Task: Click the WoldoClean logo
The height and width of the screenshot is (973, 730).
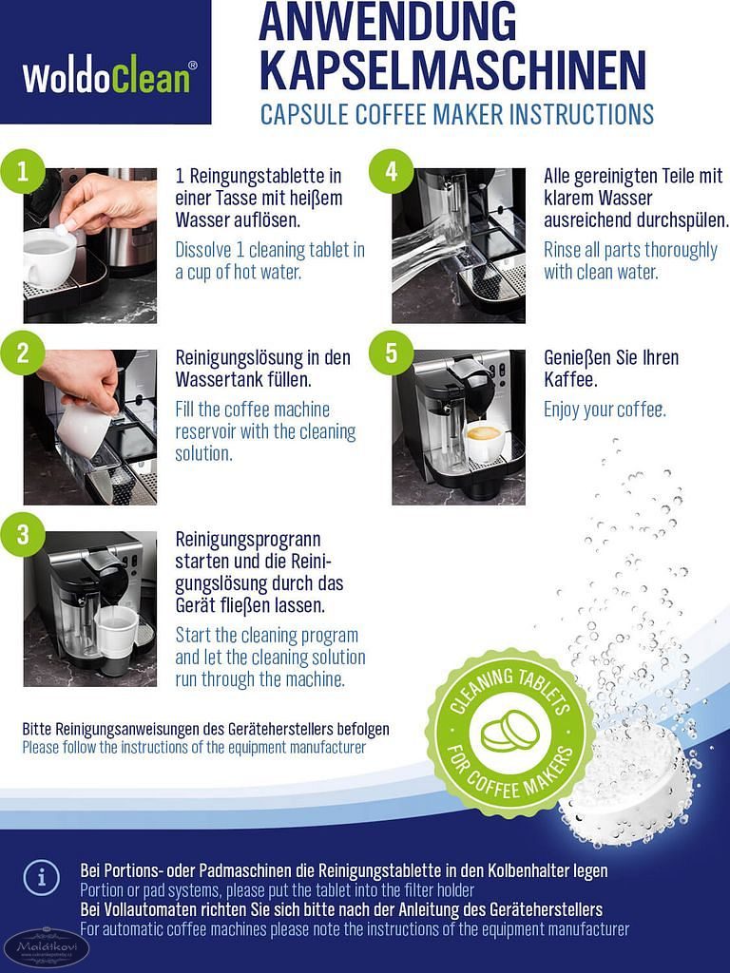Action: (110, 77)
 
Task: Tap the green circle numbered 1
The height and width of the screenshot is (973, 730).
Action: (23, 171)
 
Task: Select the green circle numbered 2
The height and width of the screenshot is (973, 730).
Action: (23, 353)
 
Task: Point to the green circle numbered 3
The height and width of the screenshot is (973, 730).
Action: (23, 534)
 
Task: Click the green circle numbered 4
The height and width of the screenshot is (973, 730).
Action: (391, 171)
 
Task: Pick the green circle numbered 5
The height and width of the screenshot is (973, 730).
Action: (391, 353)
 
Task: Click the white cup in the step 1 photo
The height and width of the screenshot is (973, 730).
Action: (49, 256)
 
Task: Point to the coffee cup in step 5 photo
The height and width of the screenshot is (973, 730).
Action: (485, 442)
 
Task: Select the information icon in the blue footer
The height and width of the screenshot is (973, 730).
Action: (42, 877)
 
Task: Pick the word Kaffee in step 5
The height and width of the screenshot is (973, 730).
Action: (570, 380)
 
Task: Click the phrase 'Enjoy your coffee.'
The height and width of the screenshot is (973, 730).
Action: (605, 410)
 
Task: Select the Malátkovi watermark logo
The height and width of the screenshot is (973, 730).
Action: (46, 948)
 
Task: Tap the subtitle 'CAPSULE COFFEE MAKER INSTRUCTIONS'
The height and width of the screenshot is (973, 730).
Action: (457, 115)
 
